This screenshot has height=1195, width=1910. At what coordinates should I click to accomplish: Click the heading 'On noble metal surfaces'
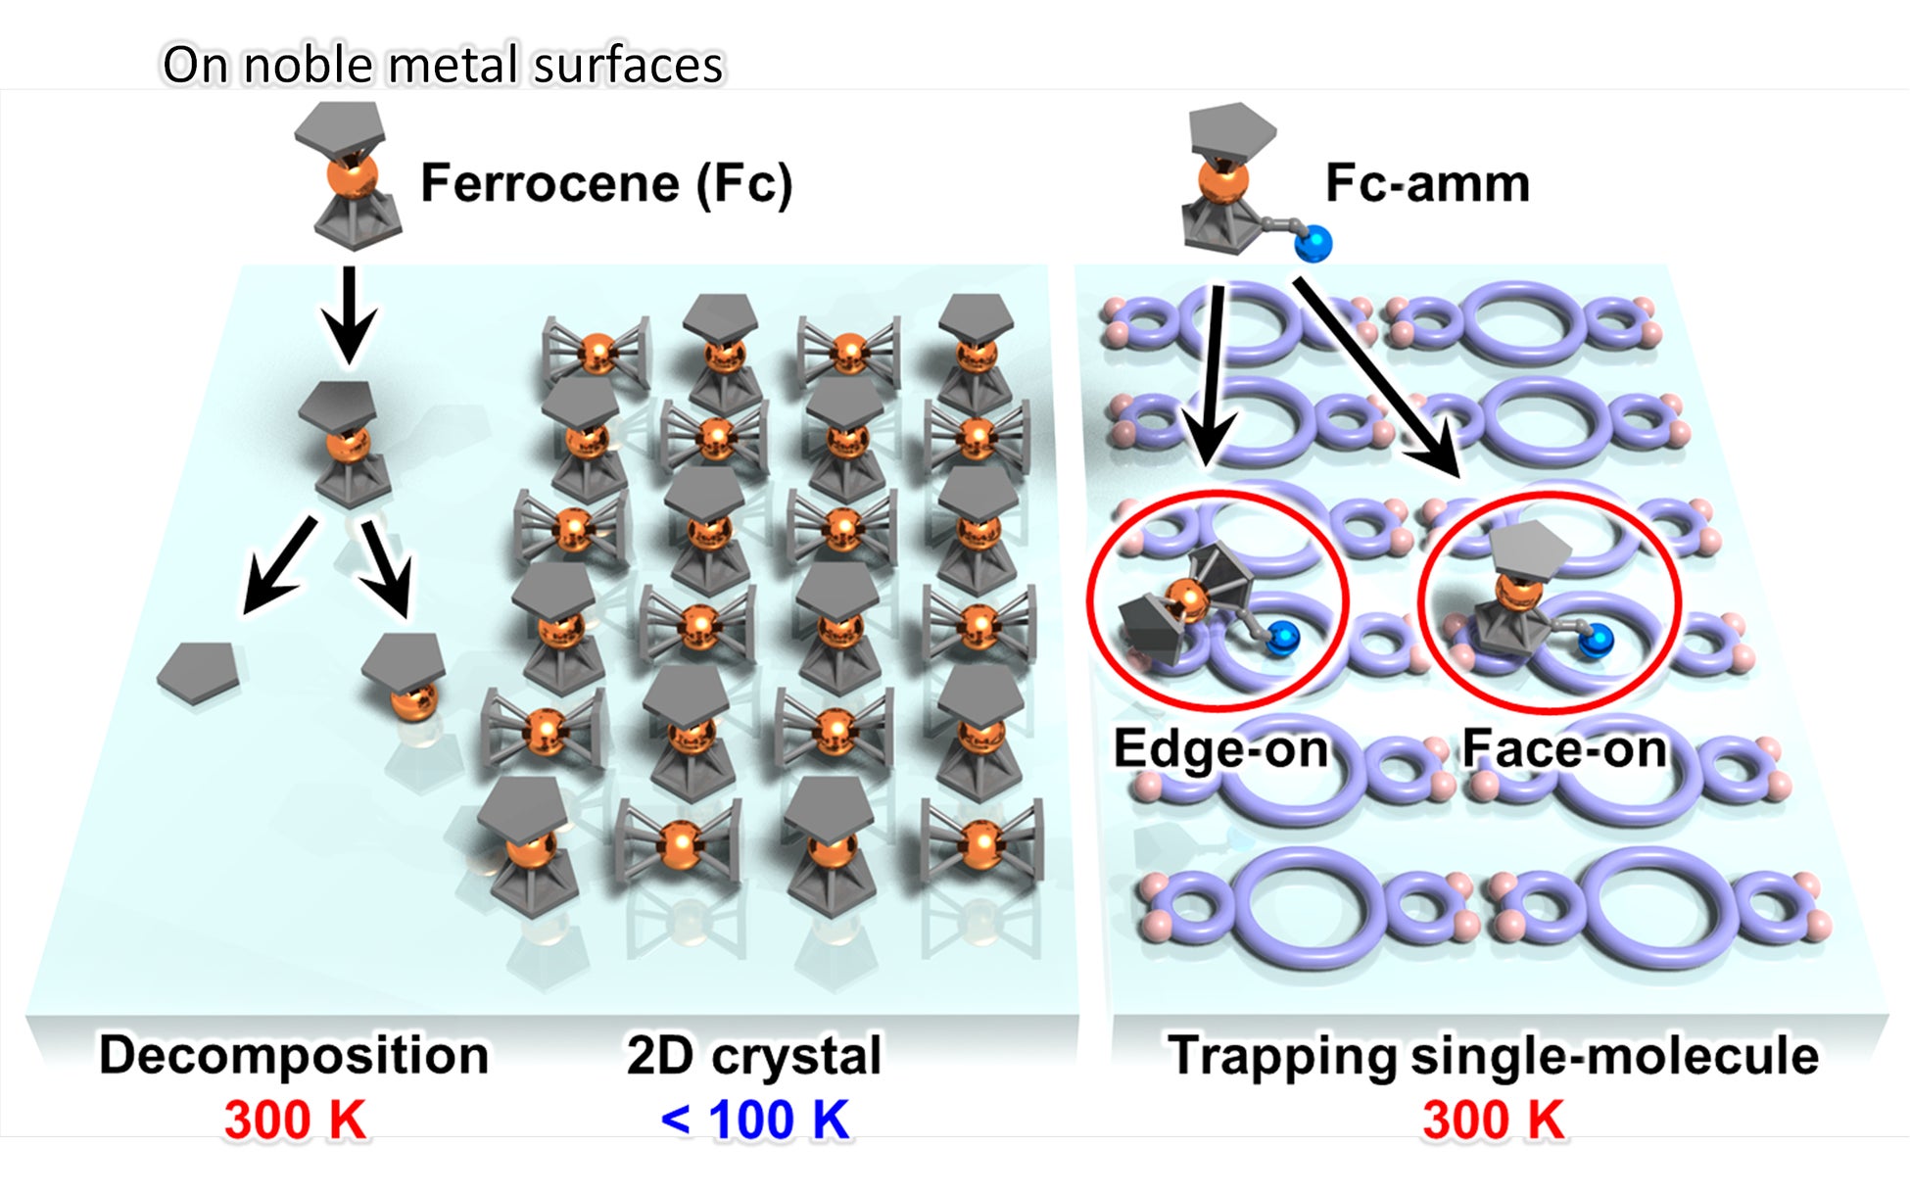coord(442,65)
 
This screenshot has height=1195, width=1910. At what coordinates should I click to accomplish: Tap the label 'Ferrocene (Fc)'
coord(606,183)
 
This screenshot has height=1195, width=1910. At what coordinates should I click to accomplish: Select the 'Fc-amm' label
coord(1427,183)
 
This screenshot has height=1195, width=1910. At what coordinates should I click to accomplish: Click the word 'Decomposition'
coord(294,1055)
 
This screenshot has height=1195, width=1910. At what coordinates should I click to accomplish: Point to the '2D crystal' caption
coord(754,1055)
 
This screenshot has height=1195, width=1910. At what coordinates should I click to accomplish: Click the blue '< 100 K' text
coord(754,1120)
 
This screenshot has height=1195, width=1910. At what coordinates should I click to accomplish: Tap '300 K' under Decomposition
coord(295,1120)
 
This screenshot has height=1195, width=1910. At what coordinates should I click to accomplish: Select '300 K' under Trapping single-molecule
coord(1494,1120)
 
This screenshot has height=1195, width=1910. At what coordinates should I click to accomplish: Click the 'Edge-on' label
coord(1220,748)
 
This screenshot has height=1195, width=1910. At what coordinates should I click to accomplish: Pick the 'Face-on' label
coord(1564,748)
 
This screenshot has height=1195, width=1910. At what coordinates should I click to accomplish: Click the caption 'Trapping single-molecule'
coord(1494,1055)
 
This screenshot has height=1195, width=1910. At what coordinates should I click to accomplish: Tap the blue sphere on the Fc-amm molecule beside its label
coord(1313,243)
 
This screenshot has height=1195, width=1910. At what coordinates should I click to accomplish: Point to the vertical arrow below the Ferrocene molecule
coord(349,313)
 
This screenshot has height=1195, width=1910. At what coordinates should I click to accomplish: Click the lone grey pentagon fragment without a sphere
coord(199,672)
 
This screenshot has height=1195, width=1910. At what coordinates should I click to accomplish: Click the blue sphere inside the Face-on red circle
coord(1596,641)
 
